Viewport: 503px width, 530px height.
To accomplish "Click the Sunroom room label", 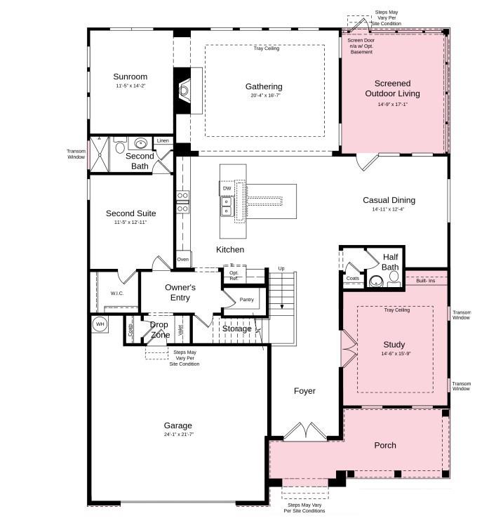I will coord(130,77).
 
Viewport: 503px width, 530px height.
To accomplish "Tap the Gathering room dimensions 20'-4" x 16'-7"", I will coord(264,96).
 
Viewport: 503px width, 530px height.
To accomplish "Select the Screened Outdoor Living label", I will coord(393,88).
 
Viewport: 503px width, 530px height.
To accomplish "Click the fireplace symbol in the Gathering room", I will coord(185,90).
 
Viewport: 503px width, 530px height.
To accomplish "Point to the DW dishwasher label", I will coord(227,188).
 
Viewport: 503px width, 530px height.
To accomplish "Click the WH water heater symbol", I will coord(99,324).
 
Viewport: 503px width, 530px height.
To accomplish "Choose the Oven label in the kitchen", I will coord(183,259).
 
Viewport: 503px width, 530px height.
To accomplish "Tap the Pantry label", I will coord(246,300).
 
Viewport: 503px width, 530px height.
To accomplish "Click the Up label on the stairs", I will coord(281,269).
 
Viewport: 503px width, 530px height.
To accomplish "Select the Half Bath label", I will coord(390,262).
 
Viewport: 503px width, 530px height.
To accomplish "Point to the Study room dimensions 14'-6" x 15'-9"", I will coord(394,354).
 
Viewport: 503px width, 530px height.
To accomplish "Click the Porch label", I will coord(385,445).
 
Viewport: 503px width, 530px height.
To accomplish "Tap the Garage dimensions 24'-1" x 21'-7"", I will coord(177,435).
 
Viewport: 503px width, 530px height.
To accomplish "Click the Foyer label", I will coord(304,391).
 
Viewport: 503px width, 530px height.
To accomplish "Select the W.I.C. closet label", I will coord(116,293).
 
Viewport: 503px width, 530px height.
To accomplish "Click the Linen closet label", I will coord(163,140).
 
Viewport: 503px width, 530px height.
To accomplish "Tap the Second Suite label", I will coord(130,213).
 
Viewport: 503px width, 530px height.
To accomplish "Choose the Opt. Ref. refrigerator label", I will coord(234,275).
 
